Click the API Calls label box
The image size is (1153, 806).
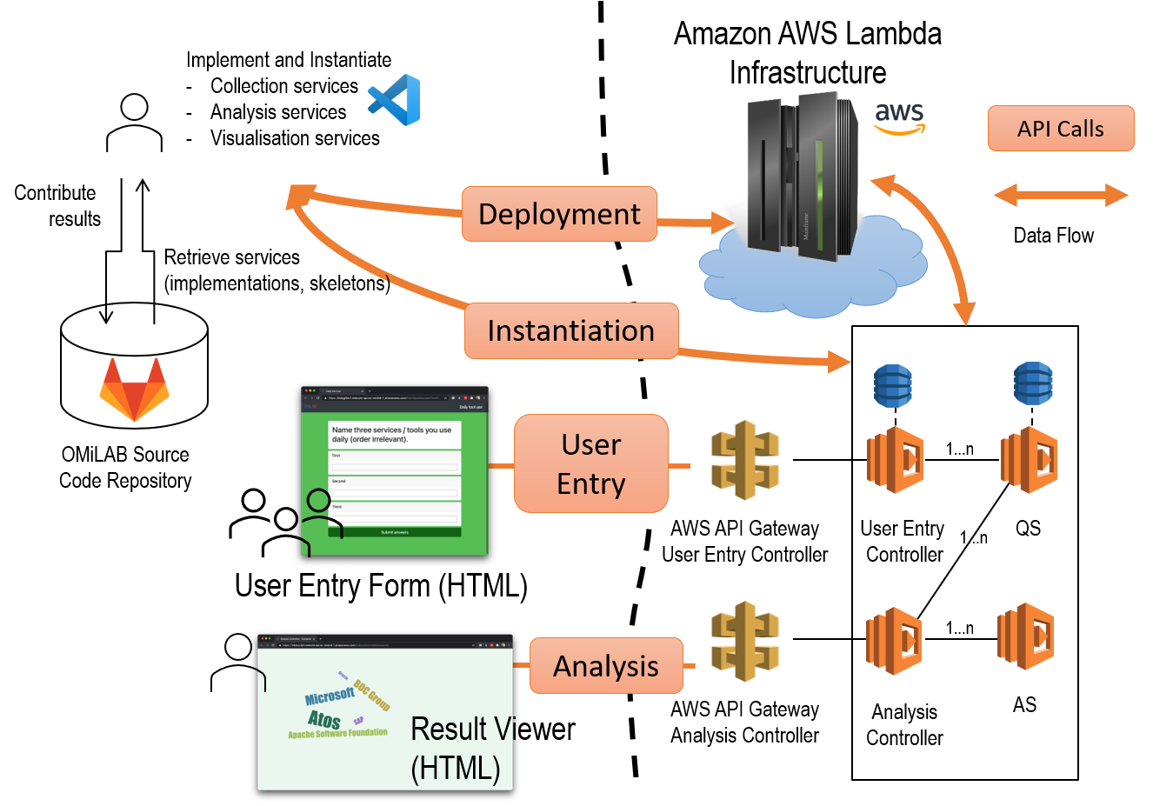coord(1060,129)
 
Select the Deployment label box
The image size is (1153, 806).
coord(559,214)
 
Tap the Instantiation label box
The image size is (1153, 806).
coord(570,331)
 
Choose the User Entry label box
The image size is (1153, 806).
coord(591,463)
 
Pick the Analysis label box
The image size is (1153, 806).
coord(606,666)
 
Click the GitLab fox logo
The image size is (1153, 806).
coord(134,390)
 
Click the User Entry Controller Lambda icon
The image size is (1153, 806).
coord(895,459)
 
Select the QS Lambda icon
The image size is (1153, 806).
coord(1029,459)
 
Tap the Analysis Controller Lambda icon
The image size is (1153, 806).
coord(895,641)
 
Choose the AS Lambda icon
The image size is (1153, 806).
coord(1026,636)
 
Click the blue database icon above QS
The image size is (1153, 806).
coord(1033,385)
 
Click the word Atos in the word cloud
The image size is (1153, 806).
coord(324,719)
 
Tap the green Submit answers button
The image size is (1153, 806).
coord(394,532)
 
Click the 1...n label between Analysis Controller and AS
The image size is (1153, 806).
coord(960,628)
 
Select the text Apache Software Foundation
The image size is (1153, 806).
coord(337,734)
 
